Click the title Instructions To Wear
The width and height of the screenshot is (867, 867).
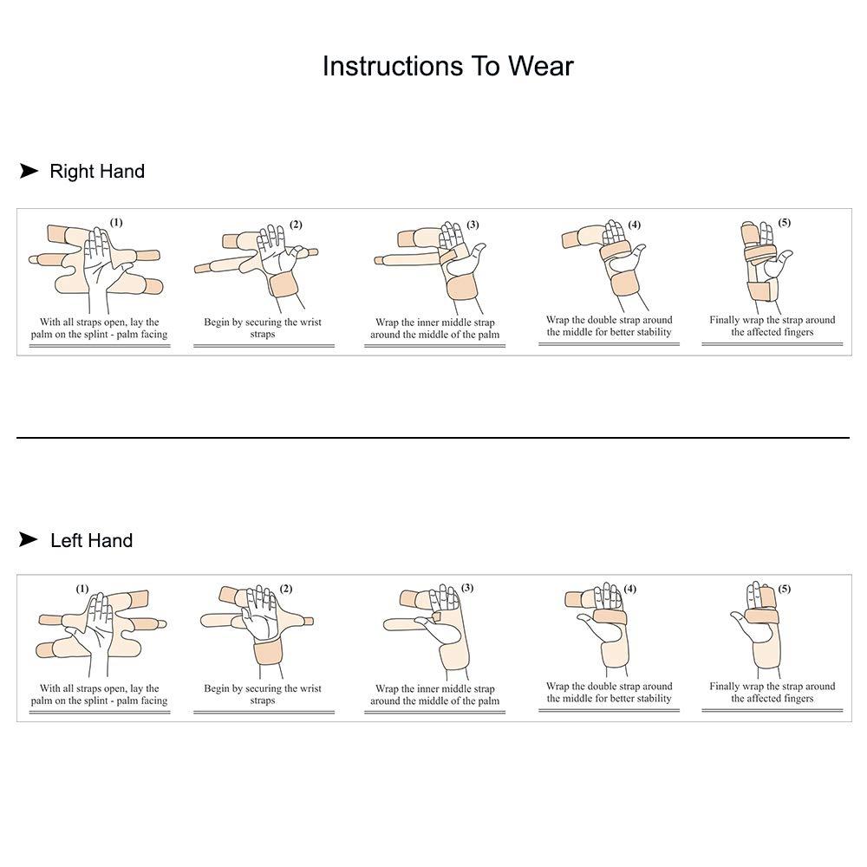pyautogui.click(x=447, y=66)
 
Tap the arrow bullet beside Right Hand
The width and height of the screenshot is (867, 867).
pyautogui.click(x=29, y=171)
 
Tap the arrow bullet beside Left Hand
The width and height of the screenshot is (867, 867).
pyautogui.click(x=29, y=539)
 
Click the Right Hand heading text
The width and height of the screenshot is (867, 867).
pyautogui.click(x=97, y=171)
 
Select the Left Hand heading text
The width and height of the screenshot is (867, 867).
pyautogui.click(x=91, y=540)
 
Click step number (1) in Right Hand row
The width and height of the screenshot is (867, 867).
pyautogui.click(x=116, y=223)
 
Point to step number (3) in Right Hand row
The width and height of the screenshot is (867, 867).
pyautogui.click(x=472, y=225)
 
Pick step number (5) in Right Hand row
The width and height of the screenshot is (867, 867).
pyautogui.click(x=784, y=223)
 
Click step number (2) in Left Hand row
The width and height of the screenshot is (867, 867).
pyautogui.click(x=285, y=590)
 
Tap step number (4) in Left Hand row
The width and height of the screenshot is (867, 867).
pyautogui.click(x=629, y=590)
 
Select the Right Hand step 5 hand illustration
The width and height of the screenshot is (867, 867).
pyautogui.click(x=763, y=265)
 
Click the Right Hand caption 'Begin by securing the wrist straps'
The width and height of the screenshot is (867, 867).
pyautogui.click(x=263, y=328)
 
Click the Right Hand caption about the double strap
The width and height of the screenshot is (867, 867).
pyautogui.click(x=609, y=326)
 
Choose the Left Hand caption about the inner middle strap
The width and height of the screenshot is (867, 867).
pyautogui.click(x=434, y=694)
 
